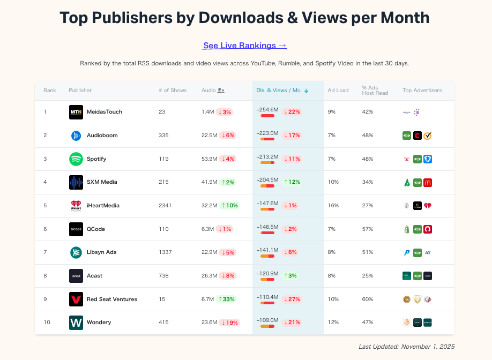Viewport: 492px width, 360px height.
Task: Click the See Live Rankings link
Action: tap(245, 46)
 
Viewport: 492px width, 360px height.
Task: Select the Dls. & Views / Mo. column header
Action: tap(282, 91)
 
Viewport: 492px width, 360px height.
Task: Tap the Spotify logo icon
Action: tap(76, 159)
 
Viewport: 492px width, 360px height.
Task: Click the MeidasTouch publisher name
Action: tap(105, 112)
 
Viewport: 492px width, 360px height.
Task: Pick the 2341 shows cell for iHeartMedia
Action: tap(166, 206)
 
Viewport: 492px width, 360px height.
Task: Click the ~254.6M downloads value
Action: tap(268, 110)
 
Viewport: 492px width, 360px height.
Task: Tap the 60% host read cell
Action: tap(368, 299)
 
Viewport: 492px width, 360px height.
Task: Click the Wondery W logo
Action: tap(76, 322)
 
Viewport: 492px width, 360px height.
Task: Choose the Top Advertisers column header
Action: tap(422, 91)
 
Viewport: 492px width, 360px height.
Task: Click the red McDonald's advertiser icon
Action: tap(428, 183)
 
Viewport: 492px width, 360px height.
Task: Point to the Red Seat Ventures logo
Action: tap(76, 299)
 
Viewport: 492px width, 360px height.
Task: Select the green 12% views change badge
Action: tap(292, 182)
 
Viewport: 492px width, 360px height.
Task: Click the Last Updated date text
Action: tap(406, 347)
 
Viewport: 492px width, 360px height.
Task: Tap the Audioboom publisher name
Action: tap(102, 136)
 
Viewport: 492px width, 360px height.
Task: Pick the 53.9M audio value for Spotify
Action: tap(208, 159)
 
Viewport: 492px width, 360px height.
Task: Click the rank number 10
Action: tap(47, 322)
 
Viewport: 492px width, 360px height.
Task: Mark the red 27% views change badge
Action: tap(293, 299)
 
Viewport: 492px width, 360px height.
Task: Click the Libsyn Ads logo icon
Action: tap(76, 252)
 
